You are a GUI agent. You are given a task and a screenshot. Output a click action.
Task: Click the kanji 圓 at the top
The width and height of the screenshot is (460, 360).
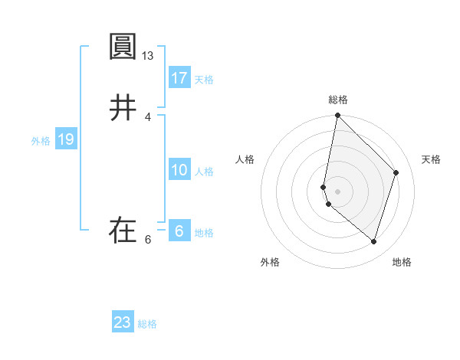click(123, 47)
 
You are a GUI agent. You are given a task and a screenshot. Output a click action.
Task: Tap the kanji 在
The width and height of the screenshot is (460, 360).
click(123, 231)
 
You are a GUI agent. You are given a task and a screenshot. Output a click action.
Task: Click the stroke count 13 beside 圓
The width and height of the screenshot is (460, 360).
click(148, 56)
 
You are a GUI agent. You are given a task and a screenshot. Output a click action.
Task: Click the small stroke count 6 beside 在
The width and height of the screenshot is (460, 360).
click(148, 240)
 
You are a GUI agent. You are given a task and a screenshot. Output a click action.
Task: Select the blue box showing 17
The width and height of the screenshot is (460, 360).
click(179, 78)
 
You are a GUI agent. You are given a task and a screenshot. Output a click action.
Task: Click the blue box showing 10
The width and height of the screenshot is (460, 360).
click(179, 171)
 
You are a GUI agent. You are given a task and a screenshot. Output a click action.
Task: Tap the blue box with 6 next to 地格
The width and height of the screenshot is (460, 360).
click(179, 232)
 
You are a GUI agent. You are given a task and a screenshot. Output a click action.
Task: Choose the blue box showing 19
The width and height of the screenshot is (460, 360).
click(66, 140)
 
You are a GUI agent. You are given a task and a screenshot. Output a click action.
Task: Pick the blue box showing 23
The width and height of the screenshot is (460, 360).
click(123, 322)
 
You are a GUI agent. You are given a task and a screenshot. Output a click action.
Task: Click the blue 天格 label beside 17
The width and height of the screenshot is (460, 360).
click(204, 80)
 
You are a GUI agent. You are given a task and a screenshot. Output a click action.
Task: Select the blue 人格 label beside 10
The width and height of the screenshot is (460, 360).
click(204, 172)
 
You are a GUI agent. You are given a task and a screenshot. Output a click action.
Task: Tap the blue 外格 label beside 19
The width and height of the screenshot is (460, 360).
click(41, 141)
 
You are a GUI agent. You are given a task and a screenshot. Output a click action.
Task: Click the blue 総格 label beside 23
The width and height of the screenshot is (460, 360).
click(147, 324)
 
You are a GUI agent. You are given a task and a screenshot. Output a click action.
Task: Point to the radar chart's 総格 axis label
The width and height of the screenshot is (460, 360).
click(338, 100)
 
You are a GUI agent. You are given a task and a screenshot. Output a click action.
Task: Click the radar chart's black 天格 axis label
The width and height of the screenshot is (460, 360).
click(432, 159)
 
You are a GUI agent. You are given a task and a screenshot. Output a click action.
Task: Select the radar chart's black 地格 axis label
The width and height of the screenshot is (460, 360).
click(402, 262)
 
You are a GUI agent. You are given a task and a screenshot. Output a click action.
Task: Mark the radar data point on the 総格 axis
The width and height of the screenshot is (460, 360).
click(337, 116)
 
